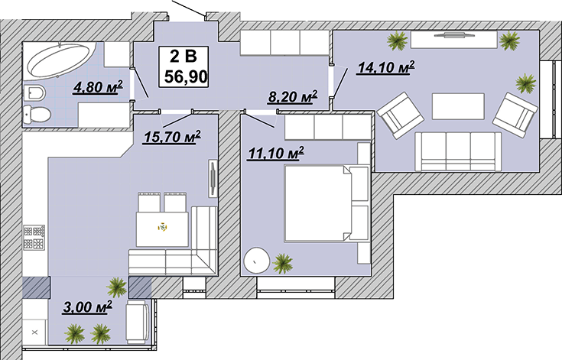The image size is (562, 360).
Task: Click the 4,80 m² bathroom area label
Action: [98, 87]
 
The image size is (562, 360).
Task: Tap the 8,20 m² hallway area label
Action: [293, 97]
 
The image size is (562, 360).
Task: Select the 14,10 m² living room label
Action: [385, 67]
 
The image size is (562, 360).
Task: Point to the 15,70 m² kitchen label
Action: [172, 137]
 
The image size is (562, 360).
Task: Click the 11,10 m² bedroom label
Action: [276, 154]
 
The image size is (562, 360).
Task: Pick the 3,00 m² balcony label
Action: [87, 307]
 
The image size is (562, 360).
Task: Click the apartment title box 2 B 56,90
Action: [184, 67]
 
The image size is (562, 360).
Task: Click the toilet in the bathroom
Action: [37, 115]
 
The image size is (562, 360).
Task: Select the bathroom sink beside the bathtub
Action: [34, 94]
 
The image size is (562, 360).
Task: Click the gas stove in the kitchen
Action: [34, 238]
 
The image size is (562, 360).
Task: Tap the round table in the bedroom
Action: [256, 261]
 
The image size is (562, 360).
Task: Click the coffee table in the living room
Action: [459, 106]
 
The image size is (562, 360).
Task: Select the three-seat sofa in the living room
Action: [459, 151]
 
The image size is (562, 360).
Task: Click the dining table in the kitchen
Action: [162, 229]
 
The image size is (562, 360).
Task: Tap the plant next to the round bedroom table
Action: [283, 263]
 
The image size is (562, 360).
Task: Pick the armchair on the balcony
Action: [138, 322]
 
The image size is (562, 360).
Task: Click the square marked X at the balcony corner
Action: [34, 332]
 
